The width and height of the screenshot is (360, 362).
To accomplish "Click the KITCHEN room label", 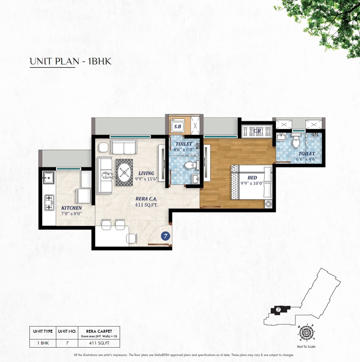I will [72, 208].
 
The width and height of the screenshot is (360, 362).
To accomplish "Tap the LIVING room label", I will [146, 173].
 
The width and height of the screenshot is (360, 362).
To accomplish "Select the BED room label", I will [252, 178].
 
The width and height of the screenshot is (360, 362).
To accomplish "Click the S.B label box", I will [177, 126].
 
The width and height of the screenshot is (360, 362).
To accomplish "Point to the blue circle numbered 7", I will [165, 236].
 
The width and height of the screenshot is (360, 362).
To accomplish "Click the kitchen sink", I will [48, 178].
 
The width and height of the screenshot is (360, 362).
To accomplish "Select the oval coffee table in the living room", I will [124, 172].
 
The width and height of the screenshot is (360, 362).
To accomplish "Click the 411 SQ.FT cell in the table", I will [99, 343].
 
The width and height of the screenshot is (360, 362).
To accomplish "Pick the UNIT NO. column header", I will [67, 331].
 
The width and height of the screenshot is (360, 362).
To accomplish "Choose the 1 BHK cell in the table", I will [43, 343].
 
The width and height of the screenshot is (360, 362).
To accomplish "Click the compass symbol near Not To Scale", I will [306, 333].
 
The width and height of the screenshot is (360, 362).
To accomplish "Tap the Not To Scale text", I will [306, 347].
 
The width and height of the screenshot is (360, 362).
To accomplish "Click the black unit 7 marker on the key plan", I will [278, 310].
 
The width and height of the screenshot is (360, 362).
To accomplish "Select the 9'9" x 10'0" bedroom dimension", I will [252, 183].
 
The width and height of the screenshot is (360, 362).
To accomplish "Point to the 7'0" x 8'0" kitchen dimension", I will [72, 214].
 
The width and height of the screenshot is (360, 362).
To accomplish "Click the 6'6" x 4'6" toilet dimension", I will [306, 159].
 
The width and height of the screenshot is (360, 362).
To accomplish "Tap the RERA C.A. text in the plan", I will [146, 199].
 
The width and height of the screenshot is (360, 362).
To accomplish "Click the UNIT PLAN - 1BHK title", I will [71, 61].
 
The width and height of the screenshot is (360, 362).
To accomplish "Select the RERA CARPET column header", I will [99, 331].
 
